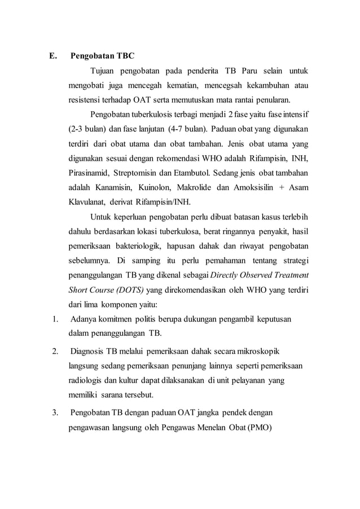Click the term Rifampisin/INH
[x=166, y=201]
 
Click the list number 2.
[x=54, y=352]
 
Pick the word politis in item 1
[x=151, y=319]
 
